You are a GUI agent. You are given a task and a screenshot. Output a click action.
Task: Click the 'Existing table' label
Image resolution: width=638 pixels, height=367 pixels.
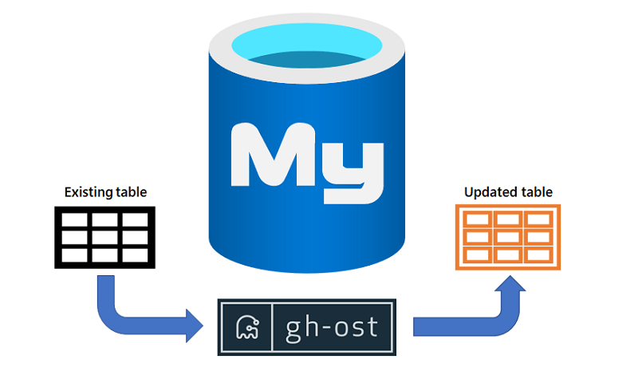coord(105,192)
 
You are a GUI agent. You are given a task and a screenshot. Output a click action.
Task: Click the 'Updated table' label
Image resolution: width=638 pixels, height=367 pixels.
coord(507,192)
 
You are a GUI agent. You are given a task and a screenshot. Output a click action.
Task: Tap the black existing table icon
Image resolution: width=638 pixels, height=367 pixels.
coord(104,237)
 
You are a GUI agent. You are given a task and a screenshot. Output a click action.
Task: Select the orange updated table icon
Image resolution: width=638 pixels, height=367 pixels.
coord(508,237)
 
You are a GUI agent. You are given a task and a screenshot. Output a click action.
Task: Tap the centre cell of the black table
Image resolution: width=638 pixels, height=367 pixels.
coord(104,237)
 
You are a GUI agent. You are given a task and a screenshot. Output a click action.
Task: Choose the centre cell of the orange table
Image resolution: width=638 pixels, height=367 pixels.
coord(508,237)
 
